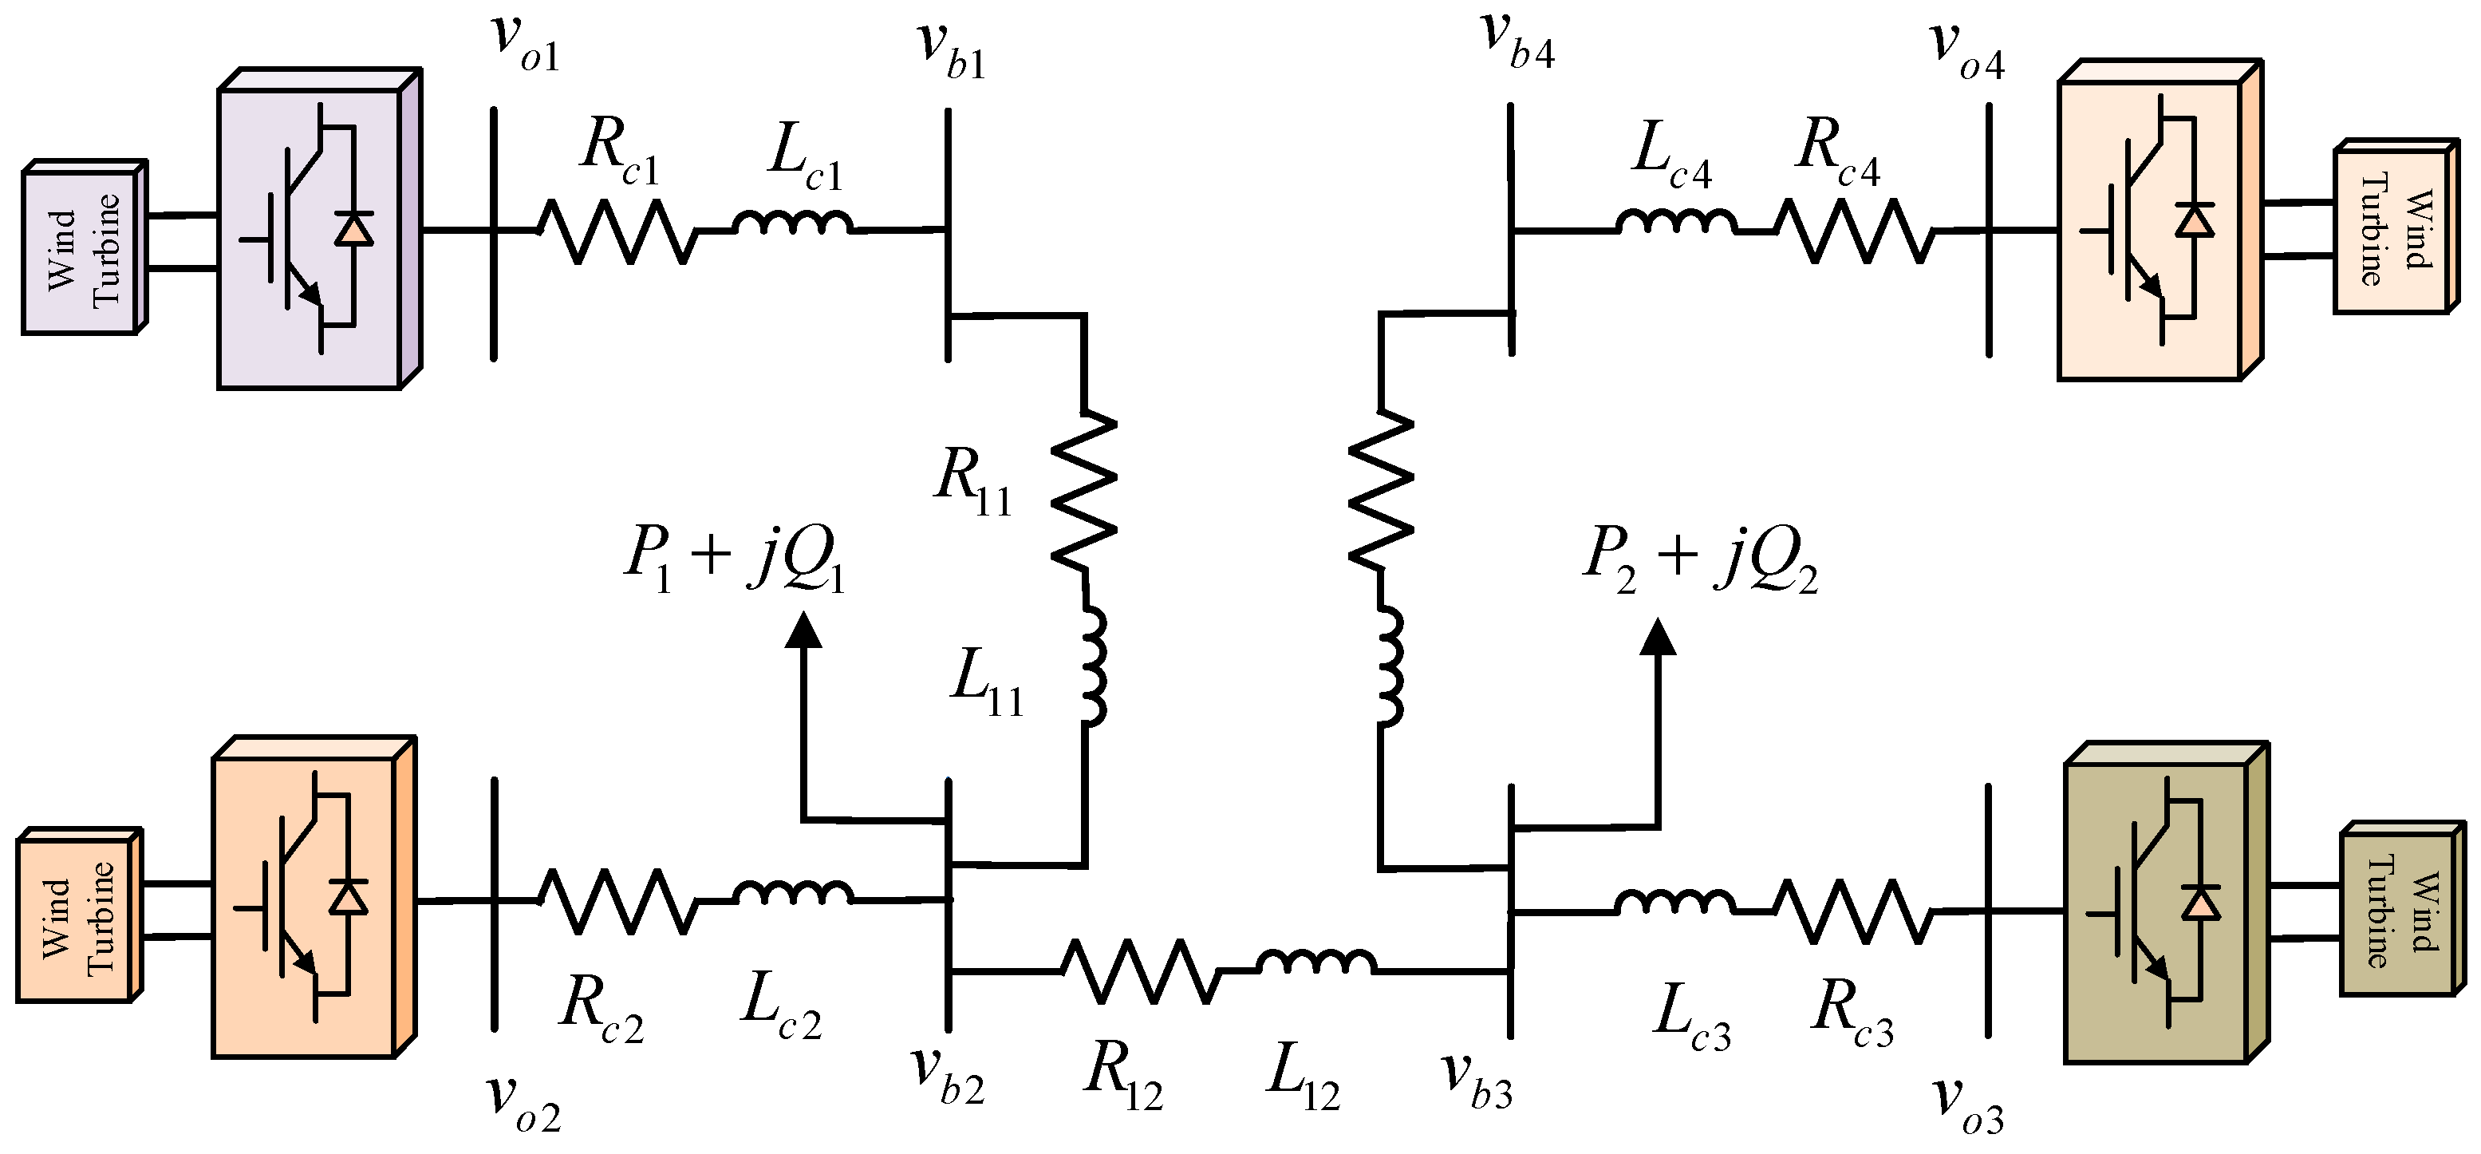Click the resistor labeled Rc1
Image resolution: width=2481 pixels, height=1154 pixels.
coord(617,231)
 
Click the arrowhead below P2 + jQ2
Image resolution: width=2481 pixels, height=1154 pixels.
coord(1659,637)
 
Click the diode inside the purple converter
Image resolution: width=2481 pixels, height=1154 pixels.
coord(353,229)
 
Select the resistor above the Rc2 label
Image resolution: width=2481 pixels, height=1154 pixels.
coord(617,901)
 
